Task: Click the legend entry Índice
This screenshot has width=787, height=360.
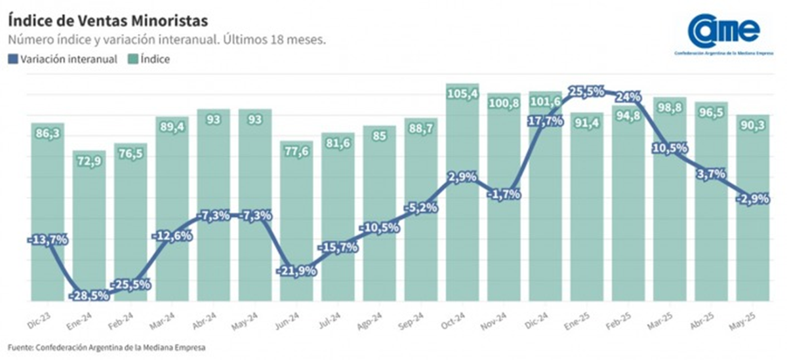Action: click(x=148, y=59)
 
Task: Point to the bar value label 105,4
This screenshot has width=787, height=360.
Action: click(x=463, y=94)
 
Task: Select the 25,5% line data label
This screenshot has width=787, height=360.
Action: click(x=586, y=92)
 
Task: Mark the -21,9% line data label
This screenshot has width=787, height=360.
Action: click(x=296, y=270)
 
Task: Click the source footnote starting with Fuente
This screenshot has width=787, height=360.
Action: click(x=111, y=346)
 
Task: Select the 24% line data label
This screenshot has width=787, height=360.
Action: click(x=628, y=97)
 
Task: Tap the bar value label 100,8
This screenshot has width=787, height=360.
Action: click(x=504, y=103)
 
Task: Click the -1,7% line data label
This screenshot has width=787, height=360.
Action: click(x=504, y=193)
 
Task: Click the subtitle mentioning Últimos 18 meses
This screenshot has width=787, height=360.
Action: click(x=167, y=39)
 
